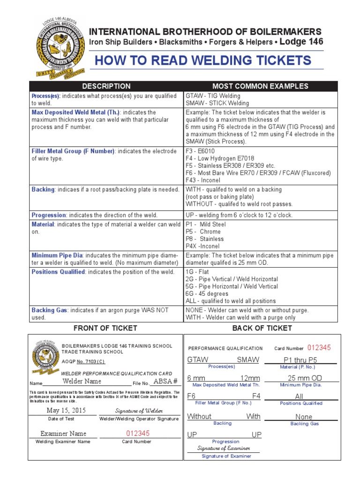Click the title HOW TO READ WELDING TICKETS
203,60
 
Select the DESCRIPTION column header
106,86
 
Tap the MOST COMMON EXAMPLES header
260,86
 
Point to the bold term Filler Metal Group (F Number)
73,151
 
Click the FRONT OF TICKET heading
106,328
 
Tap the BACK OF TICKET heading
262,328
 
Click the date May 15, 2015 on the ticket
67,410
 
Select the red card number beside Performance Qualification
319,348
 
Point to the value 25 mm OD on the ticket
304,378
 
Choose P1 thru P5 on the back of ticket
304,360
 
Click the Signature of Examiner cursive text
225,448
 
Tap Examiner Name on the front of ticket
63,434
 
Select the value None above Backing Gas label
304,417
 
